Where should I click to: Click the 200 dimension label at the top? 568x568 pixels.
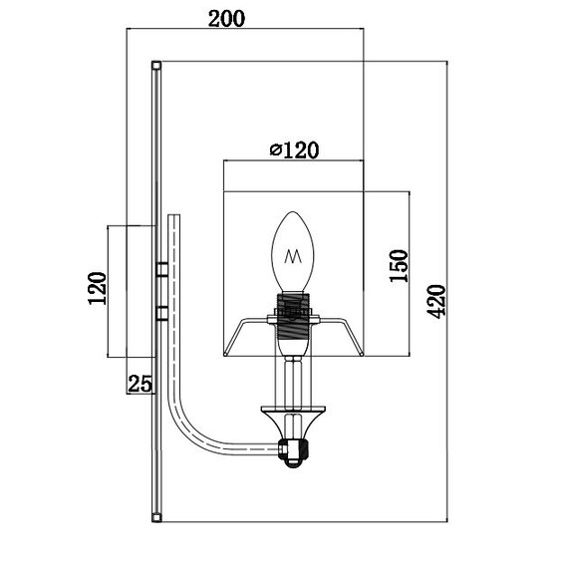(x=226, y=19)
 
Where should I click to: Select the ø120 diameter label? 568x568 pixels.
(x=294, y=149)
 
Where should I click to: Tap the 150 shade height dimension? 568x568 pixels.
(x=399, y=265)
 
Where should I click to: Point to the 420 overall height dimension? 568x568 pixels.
(x=436, y=301)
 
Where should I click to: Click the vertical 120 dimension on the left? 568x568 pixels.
(x=98, y=288)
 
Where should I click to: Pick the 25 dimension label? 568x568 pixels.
(x=140, y=384)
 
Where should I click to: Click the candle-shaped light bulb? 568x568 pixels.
(x=293, y=252)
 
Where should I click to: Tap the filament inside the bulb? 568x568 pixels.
(x=293, y=256)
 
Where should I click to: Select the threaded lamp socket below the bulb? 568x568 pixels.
(x=293, y=316)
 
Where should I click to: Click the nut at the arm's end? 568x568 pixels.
(x=293, y=453)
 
